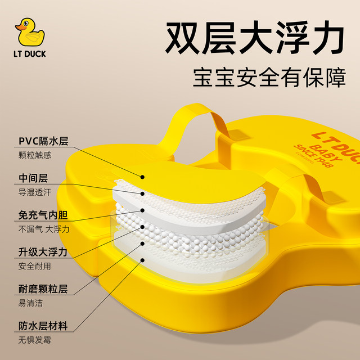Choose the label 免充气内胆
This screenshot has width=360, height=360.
[42, 214]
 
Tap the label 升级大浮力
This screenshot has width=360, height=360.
[42, 251]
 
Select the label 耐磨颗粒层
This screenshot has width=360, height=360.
[42, 289]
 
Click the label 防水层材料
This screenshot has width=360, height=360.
[42, 326]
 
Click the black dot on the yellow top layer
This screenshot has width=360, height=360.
[143, 177]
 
